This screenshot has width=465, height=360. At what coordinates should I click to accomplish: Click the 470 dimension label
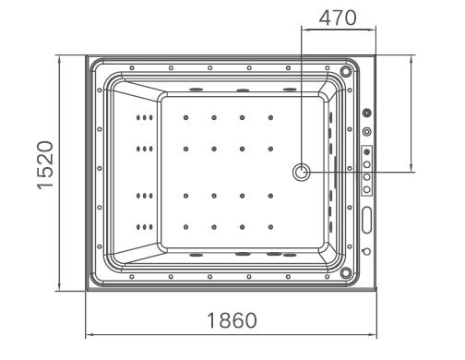tap(338, 18)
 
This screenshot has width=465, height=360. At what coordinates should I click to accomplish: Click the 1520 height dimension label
tap(45, 165)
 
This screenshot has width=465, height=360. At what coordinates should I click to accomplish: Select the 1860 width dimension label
tap(232, 320)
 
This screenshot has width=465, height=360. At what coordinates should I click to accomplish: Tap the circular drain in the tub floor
tap(301, 172)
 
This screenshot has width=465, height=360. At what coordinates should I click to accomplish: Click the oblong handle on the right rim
tap(366, 220)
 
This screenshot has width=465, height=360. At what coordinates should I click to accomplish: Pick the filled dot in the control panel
tap(366, 151)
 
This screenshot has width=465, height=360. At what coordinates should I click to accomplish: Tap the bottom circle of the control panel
tap(366, 189)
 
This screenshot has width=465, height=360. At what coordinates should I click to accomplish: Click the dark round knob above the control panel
tap(366, 113)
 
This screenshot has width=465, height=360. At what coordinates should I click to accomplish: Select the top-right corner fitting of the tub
tap(346, 71)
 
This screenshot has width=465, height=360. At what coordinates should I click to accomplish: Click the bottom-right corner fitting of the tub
tap(346, 272)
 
